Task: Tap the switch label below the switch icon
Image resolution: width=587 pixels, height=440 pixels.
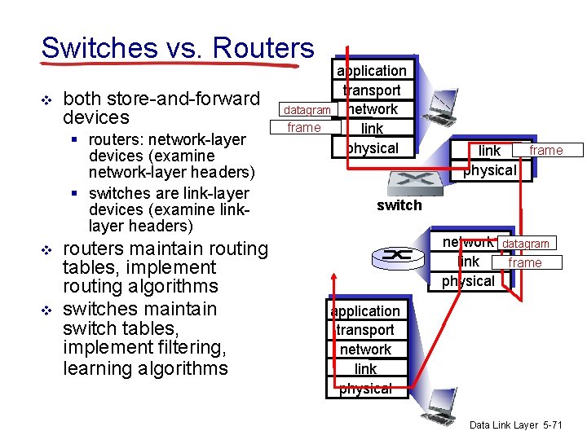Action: [399, 205]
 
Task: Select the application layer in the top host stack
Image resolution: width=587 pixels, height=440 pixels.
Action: [372, 71]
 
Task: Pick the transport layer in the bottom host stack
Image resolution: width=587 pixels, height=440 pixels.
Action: [364, 330]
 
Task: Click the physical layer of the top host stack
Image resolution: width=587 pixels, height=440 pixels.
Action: [372, 148]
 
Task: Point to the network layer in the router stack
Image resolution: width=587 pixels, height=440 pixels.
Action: [467, 242]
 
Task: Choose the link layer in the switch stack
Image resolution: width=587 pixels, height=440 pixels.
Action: [489, 151]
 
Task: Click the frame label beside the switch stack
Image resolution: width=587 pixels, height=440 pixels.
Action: [546, 150]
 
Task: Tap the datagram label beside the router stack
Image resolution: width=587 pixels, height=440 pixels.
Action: [526, 243]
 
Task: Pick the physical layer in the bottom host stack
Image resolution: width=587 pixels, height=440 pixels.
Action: [365, 389]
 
